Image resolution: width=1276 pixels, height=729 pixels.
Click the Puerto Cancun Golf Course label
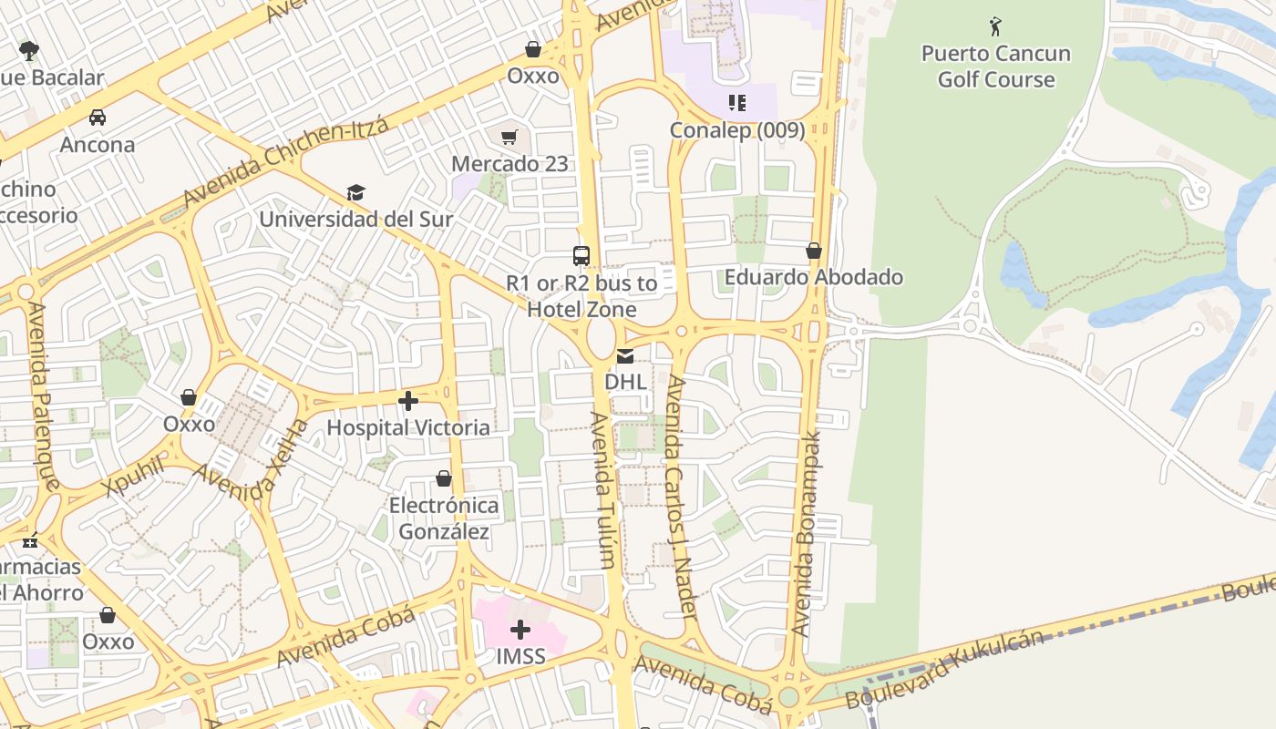coord(995,67)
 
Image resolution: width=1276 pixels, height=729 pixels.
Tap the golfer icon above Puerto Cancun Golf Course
coord(995,26)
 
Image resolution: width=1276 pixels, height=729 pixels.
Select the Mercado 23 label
coord(509,164)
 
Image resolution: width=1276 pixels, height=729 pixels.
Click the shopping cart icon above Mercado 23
coord(509,138)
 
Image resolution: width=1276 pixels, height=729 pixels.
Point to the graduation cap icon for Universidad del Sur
coord(355,193)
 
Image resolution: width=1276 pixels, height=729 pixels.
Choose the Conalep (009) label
coord(736,130)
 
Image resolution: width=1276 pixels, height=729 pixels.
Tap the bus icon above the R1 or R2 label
coord(581,256)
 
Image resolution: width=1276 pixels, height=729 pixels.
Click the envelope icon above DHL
coord(625,355)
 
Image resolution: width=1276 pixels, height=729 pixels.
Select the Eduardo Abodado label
coord(813,277)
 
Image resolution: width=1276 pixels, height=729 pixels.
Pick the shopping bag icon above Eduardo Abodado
coord(813,251)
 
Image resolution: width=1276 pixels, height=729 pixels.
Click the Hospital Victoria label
coord(407,427)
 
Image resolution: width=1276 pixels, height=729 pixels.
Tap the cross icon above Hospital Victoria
coord(407,401)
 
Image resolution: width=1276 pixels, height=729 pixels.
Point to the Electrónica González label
coord(444,519)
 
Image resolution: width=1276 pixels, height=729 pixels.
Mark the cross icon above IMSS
coord(520,630)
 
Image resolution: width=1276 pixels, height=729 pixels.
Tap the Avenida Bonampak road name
coord(807,533)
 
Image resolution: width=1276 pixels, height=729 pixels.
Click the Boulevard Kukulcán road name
coord(944,669)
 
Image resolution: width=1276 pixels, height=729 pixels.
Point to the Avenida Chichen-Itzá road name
coord(285,162)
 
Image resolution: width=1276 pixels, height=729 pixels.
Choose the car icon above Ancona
coord(97,118)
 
